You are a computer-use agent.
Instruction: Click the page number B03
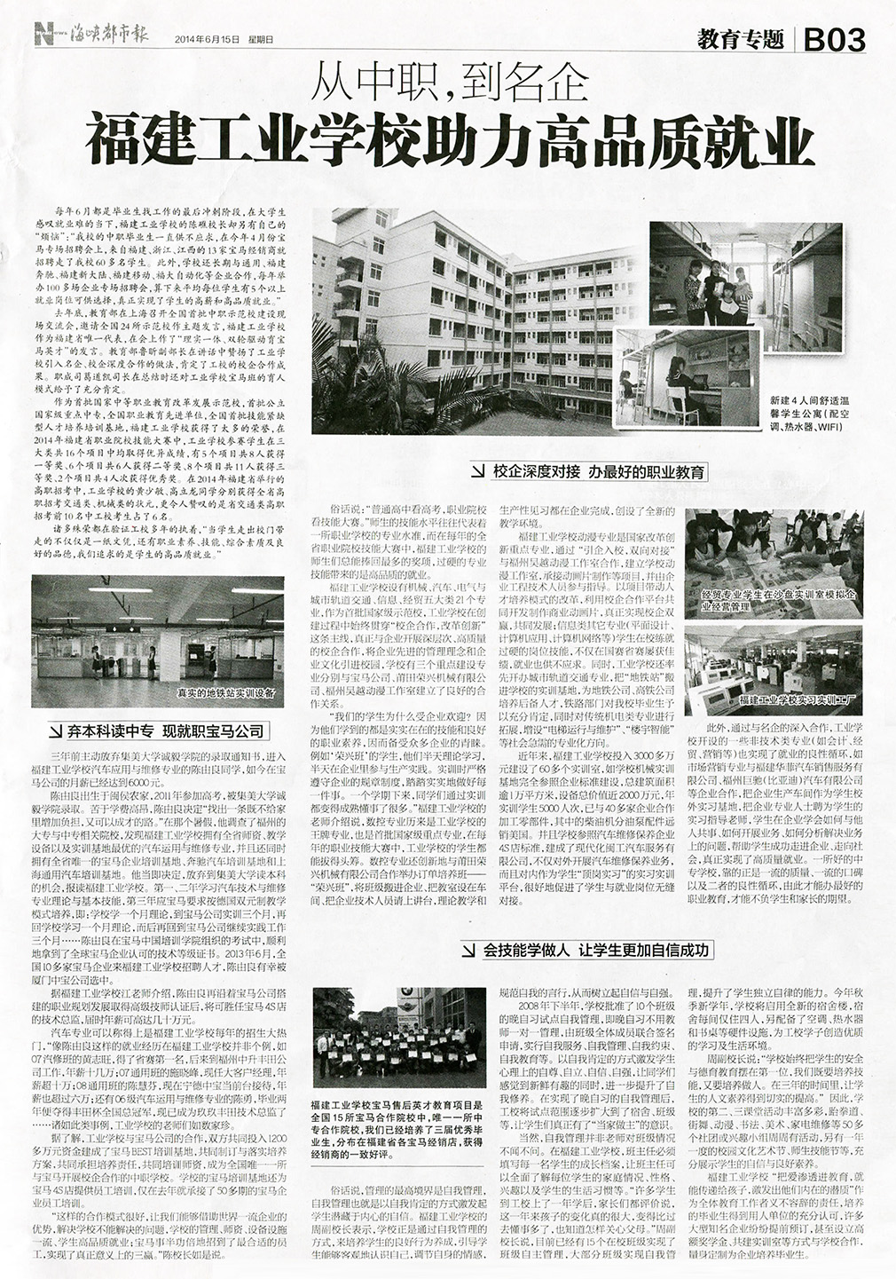click(x=833, y=39)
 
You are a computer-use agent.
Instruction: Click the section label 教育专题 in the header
click(x=742, y=39)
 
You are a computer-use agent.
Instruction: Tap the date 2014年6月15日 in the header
click(x=214, y=39)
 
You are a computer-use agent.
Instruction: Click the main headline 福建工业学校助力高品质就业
click(x=448, y=139)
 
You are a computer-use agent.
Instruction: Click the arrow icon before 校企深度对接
click(x=479, y=472)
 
